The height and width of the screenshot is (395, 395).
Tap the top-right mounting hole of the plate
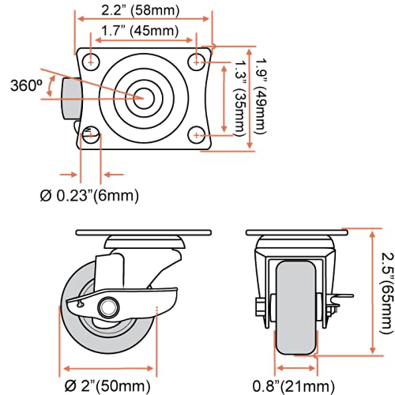[194, 61]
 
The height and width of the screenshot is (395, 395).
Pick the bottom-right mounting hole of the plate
[194, 135]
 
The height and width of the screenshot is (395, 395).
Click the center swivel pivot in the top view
[144, 97]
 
